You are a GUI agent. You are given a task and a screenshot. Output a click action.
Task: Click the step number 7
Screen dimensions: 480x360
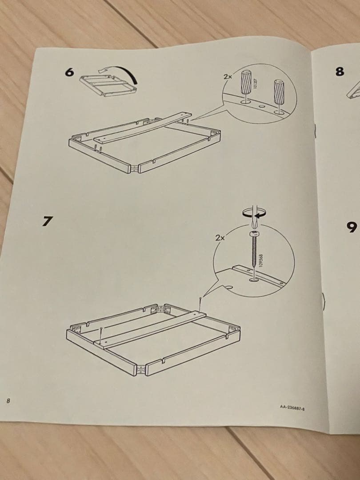coord(48,221)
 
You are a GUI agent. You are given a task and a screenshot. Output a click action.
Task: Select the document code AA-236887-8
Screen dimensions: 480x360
coord(295,407)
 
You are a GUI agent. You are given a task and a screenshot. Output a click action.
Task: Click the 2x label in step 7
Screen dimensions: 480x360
coord(220,238)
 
